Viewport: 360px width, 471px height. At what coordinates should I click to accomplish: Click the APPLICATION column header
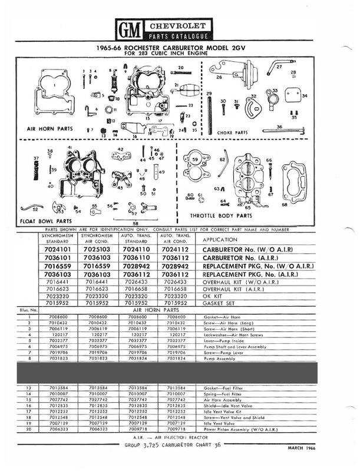tap(225, 240)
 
